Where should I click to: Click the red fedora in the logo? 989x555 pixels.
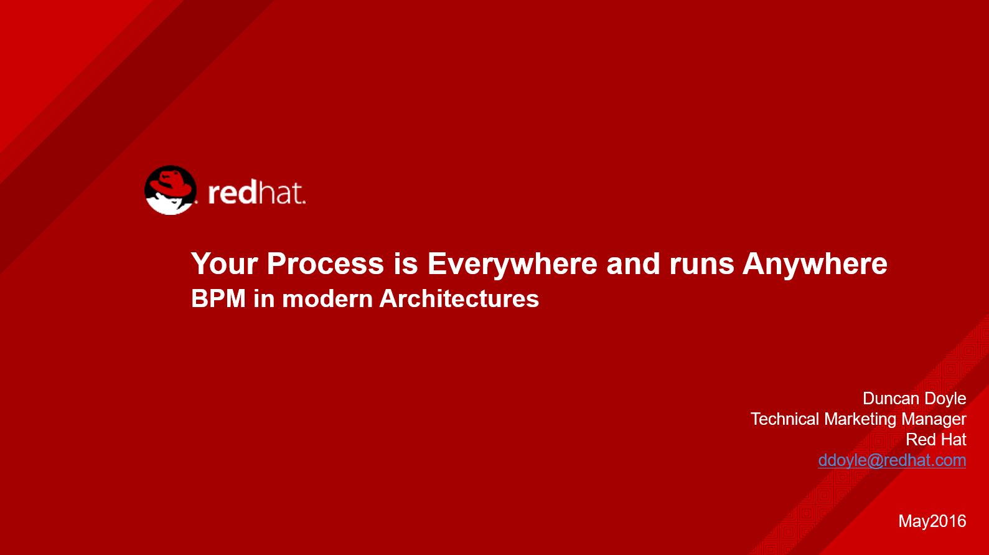[171, 181]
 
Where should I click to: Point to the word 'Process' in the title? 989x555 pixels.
[326, 263]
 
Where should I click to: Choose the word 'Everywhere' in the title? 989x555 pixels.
[512, 264]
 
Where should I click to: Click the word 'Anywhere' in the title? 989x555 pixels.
[815, 264]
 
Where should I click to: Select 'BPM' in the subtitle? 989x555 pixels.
[218, 298]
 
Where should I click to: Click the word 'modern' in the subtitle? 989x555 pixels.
[327, 299]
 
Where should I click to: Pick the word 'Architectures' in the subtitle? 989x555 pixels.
[459, 298]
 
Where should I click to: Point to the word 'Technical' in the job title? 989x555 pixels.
[785, 419]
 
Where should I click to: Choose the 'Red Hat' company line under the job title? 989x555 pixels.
[936, 439]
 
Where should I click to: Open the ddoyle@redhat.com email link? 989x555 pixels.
[892, 460]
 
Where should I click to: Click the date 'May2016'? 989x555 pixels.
[932, 521]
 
